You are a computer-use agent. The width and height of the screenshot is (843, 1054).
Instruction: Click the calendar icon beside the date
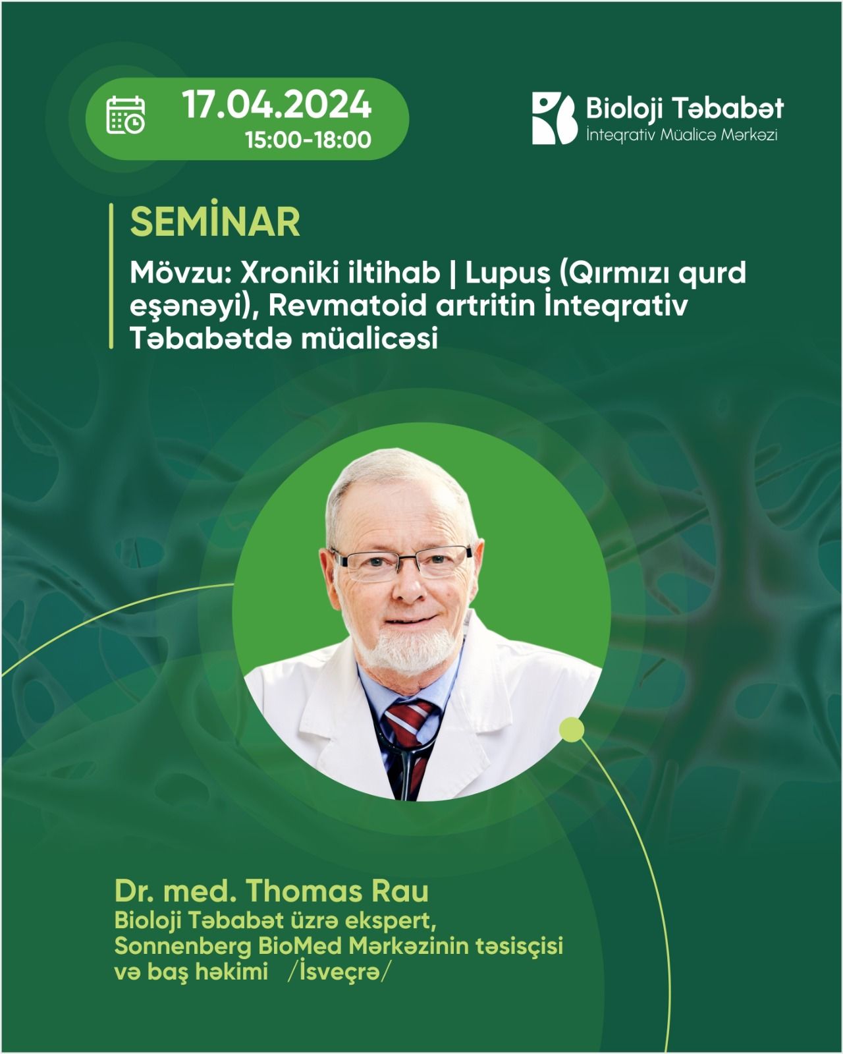tap(125, 115)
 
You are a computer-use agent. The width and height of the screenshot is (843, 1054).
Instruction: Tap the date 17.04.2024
tap(277, 105)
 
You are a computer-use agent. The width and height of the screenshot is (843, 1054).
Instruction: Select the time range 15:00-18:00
tap(308, 140)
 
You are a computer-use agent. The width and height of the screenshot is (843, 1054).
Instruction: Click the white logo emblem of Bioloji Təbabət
tap(554, 118)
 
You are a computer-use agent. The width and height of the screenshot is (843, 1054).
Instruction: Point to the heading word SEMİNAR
tap(215, 223)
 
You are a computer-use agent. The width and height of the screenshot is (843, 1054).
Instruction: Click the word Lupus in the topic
tap(508, 274)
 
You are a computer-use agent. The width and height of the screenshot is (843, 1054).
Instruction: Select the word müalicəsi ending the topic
tap(369, 339)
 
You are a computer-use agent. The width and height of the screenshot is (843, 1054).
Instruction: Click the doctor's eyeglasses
tap(401, 563)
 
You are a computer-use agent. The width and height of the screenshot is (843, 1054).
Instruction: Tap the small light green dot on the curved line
tap(572, 730)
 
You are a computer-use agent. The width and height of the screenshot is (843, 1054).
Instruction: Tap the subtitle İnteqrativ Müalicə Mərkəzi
tap(682, 134)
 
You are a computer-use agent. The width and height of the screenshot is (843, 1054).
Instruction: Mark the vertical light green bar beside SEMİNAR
tap(111, 276)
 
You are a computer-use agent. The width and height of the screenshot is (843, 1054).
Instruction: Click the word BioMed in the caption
tap(300, 947)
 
